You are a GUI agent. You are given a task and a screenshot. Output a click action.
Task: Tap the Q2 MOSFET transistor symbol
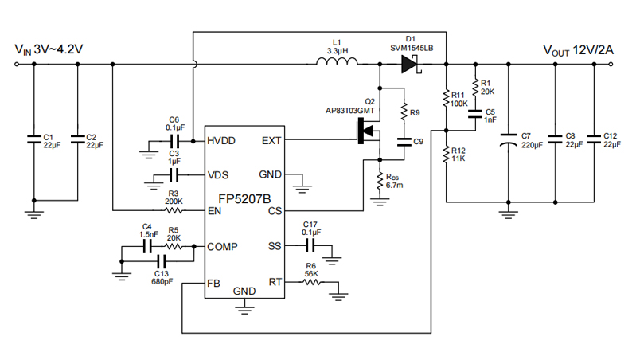click(x=368, y=131)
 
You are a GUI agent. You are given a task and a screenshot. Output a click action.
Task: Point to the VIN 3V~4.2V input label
click(x=49, y=49)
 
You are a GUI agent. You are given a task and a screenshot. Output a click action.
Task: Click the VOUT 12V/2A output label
click(x=578, y=49)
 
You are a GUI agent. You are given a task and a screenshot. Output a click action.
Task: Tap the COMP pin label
click(x=223, y=247)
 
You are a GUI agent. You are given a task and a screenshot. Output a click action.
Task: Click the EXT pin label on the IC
click(x=271, y=141)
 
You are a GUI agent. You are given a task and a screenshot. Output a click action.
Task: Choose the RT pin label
click(x=275, y=282)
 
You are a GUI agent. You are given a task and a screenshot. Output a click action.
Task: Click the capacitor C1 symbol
click(x=33, y=139)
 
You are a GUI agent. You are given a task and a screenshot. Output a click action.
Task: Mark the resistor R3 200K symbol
click(x=174, y=211)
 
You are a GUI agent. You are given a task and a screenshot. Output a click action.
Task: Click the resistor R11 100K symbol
click(x=447, y=98)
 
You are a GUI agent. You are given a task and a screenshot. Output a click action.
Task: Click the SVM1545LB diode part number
click(x=412, y=48)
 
